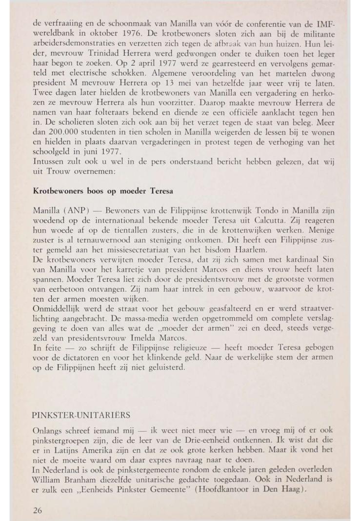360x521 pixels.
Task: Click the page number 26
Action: [x=37, y=497]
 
